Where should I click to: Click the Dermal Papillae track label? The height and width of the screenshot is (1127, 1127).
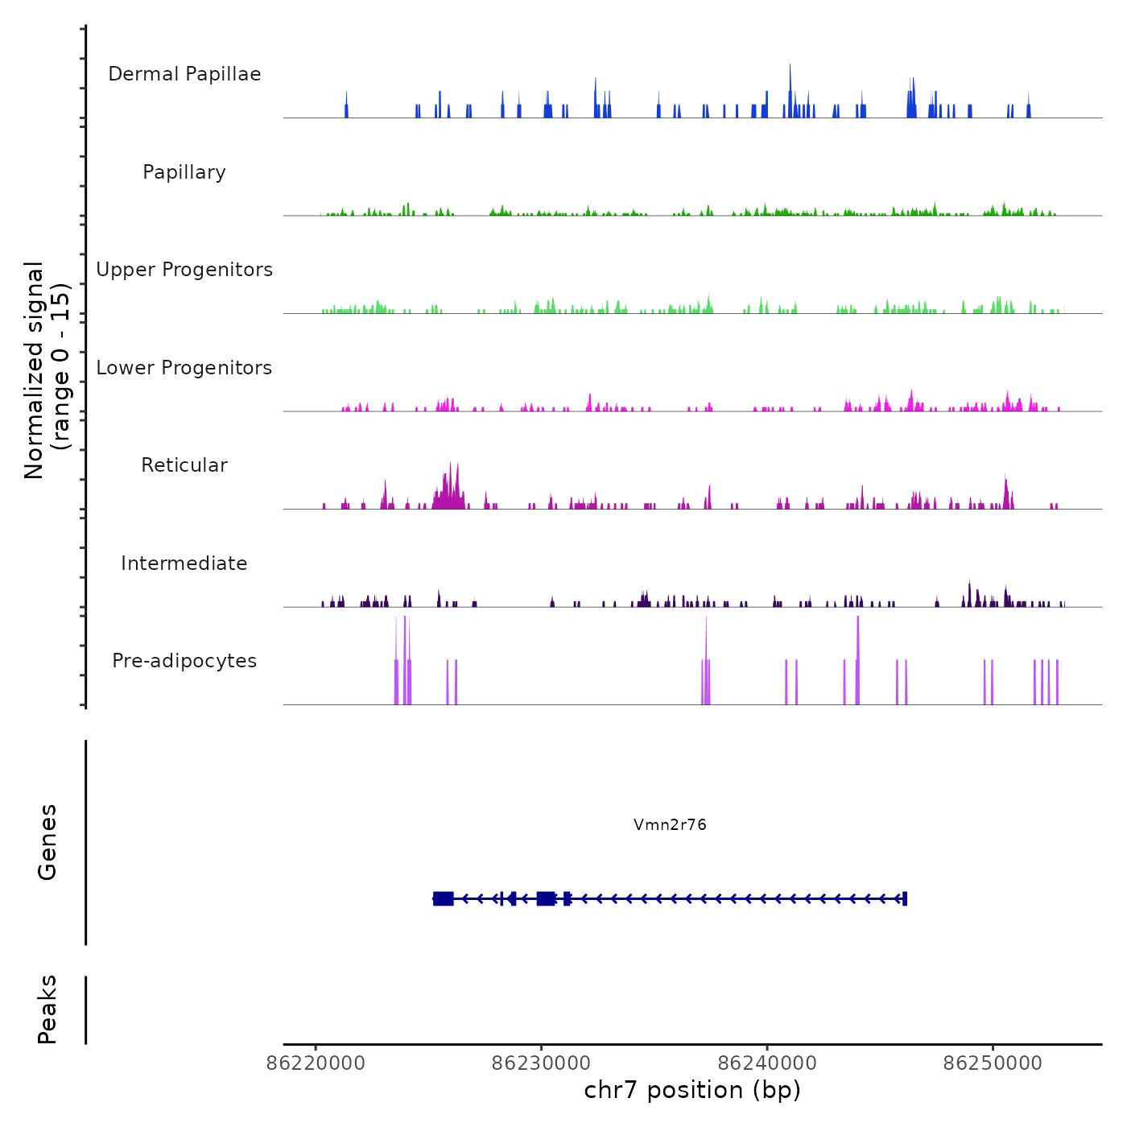point(184,74)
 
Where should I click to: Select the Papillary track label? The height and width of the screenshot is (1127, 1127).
point(184,172)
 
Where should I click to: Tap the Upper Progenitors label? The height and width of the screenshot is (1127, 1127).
point(184,270)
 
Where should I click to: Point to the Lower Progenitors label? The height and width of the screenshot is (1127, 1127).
point(184,368)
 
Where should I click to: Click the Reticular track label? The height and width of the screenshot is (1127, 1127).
point(184,465)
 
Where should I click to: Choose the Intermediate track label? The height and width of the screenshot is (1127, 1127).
point(184,563)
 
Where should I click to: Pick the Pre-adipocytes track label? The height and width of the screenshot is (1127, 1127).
point(184,661)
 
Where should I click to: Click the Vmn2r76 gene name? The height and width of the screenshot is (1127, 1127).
point(670,824)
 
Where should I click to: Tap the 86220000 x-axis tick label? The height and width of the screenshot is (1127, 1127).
point(316,1063)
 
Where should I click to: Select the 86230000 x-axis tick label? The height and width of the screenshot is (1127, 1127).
point(541,1063)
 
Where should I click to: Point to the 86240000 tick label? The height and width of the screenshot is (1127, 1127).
point(767,1063)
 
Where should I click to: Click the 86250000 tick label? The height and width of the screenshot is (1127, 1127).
point(993,1063)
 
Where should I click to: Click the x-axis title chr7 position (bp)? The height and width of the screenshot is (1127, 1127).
point(692,1090)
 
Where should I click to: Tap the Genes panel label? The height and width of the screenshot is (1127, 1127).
point(47,842)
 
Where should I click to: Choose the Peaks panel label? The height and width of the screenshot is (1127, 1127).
point(47,1009)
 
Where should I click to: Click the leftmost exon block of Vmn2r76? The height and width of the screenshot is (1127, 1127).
point(443,898)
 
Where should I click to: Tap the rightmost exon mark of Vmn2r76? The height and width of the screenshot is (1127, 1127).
point(905,898)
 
